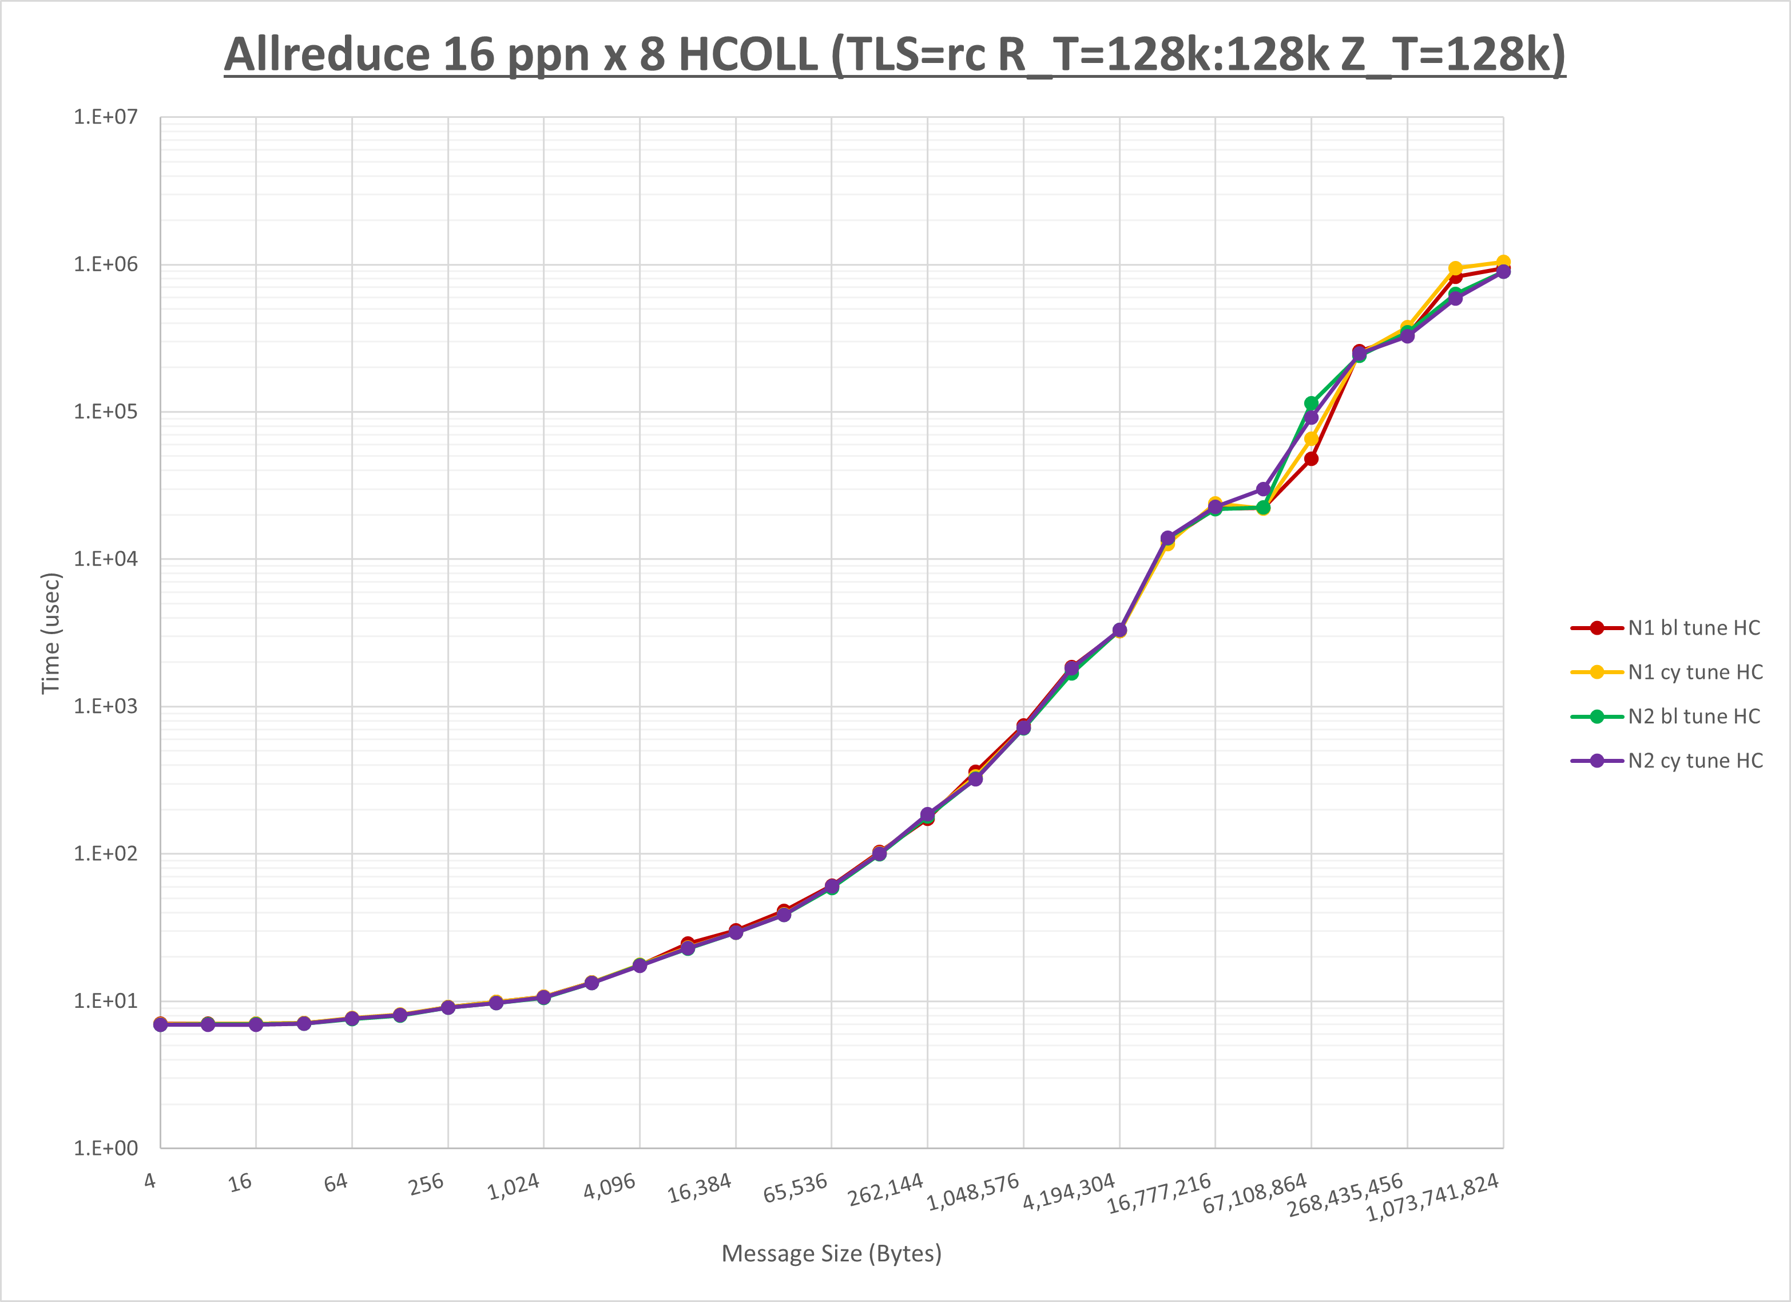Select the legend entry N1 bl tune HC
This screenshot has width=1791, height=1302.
pos(1693,628)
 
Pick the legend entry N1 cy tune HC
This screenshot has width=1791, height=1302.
pos(1695,672)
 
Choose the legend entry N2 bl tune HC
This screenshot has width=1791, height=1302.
pos(1693,717)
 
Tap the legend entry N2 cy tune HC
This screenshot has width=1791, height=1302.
pos(1695,761)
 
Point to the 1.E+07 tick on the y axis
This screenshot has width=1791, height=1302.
pos(105,117)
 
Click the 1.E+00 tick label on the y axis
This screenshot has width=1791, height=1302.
pos(105,1148)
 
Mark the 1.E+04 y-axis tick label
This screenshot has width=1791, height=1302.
pos(105,559)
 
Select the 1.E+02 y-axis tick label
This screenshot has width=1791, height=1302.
pos(105,853)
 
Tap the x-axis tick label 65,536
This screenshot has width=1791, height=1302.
pos(795,1188)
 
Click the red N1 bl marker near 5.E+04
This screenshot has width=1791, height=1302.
pos(1311,459)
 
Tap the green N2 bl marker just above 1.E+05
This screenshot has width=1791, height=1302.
pos(1311,403)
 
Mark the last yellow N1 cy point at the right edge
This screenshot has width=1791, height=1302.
pos(1503,262)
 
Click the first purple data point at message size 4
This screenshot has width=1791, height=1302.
pos(160,1024)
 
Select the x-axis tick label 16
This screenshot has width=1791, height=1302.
pos(240,1183)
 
